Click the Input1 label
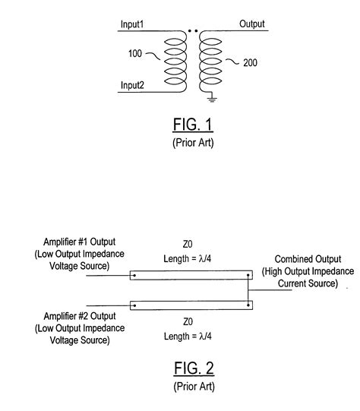click(134, 24)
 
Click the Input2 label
click(134, 85)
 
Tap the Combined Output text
click(308, 260)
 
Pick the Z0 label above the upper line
click(191, 245)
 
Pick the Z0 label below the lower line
click(191, 321)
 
